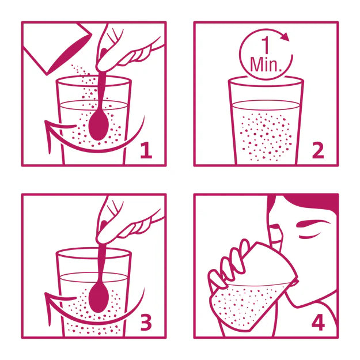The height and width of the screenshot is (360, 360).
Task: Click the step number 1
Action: tap(146, 151)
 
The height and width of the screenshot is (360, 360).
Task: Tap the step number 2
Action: tap(317, 151)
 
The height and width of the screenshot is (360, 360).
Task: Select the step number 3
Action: tap(146, 323)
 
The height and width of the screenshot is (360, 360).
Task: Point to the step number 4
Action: tap(317, 323)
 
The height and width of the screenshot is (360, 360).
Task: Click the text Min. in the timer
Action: tap(265, 64)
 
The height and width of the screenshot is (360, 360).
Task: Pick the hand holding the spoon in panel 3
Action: tap(121, 222)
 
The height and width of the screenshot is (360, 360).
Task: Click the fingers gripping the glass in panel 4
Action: tap(228, 268)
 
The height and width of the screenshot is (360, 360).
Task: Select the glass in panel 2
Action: tap(265, 124)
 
